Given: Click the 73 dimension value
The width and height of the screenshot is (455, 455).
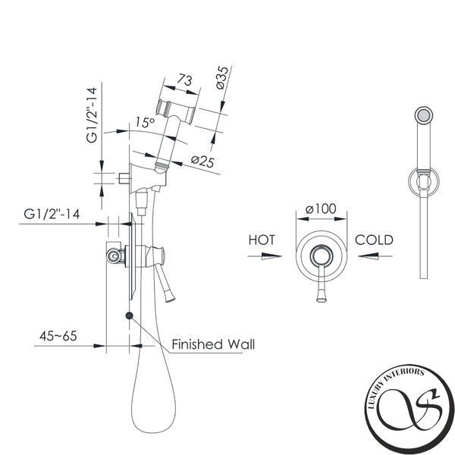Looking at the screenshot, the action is (x=184, y=80).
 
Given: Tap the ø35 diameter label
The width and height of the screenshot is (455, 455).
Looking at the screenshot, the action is (x=222, y=77).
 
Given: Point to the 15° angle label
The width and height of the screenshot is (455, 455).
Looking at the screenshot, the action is (x=145, y=122).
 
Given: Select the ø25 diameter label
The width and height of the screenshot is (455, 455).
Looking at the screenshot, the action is (x=202, y=162).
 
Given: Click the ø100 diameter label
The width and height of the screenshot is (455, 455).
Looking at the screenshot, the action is (x=321, y=209).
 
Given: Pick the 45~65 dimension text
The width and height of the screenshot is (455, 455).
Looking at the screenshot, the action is (x=58, y=336).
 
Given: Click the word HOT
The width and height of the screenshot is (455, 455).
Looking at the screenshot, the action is (x=262, y=240).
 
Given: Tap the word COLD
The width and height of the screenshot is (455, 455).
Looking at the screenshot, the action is (x=374, y=240).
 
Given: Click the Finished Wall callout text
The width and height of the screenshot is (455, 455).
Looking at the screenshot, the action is (x=213, y=344).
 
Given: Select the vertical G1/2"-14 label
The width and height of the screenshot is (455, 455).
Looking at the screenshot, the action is (x=92, y=115).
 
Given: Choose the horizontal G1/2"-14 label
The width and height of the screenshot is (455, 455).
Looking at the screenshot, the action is (x=52, y=214).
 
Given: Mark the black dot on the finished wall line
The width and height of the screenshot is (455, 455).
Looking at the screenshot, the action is (x=129, y=315).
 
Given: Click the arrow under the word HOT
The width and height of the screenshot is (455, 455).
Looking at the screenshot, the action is (x=265, y=256).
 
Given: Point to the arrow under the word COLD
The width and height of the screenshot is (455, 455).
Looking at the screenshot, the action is (x=375, y=256).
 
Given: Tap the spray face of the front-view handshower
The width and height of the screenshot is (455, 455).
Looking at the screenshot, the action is (x=424, y=115).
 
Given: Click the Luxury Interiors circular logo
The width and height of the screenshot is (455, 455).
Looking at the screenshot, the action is (x=409, y=409).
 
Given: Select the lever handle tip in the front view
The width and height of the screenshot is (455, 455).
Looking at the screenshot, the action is (x=322, y=298).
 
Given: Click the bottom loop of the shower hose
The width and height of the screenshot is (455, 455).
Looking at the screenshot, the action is (x=153, y=431).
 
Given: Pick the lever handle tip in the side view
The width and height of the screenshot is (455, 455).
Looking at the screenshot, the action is (x=170, y=298).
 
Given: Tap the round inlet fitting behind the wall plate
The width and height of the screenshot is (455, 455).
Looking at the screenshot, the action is (x=114, y=256).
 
